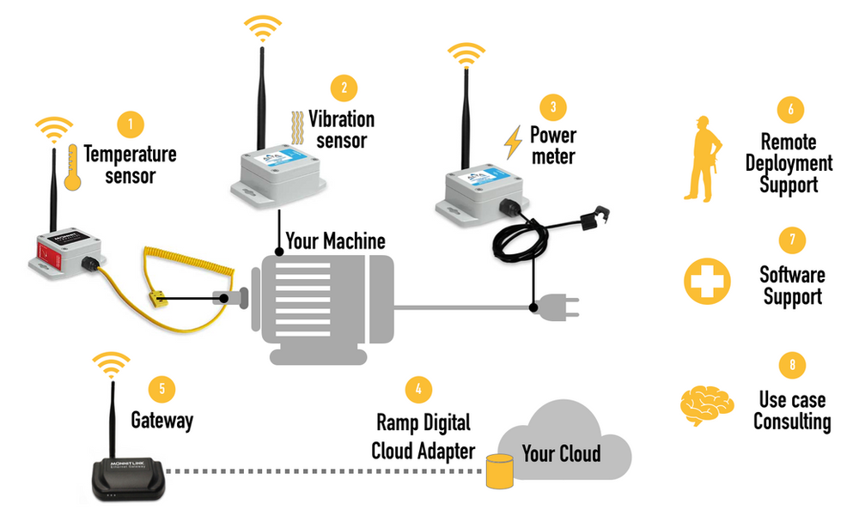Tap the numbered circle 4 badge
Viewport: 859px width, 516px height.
tap(418, 390)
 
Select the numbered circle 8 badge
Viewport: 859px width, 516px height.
tap(790, 366)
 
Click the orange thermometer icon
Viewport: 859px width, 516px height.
tap(76, 165)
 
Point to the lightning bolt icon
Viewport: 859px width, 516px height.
tap(513, 143)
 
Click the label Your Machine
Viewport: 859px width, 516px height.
tap(336, 242)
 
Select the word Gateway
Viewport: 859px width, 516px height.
tap(161, 421)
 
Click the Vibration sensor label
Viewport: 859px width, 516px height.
tap(342, 129)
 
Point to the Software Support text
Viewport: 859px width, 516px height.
tap(791, 286)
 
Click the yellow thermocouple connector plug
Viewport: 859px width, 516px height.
tap(155, 299)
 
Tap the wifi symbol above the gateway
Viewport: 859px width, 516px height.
tap(111, 365)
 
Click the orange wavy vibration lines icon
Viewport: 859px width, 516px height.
tap(296, 131)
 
